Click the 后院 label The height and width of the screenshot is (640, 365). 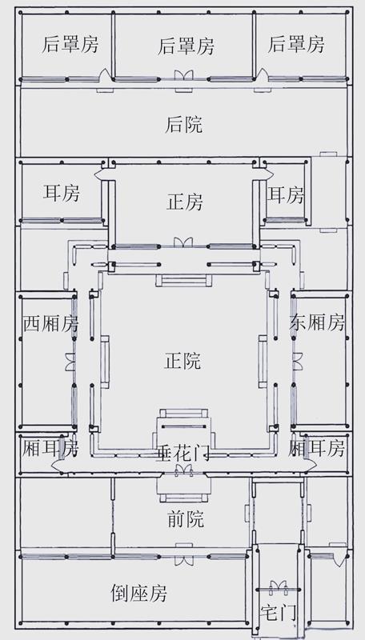pyautogui.click(x=183, y=125)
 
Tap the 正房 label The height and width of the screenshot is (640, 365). pyautogui.click(x=185, y=202)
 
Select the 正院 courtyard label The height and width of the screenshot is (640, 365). pyautogui.click(x=182, y=361)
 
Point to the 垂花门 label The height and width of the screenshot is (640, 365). pyautogui.click(x=182, y=453)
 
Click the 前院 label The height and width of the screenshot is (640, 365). pyautogui.click(x=186, y=519)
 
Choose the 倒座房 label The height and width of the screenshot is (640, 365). pyautogui.click(x=138, y=593)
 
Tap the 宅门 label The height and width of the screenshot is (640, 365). pyautogui.click(x=278, y=612)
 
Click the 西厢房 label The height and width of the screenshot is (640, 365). pyautogui.click(x=50, y=324)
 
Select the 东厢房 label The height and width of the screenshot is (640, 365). pyautogui.click(x=317, y=323)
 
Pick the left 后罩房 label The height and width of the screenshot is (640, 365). pyautogui.click(x=70, y=45)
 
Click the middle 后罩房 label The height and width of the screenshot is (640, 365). pyautogui.click(x=186, y=46)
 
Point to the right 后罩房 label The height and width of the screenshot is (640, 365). pyautogui.click(x=296, y=44)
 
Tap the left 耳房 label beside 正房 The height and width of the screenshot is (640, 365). pyautogui.click(x=62, y=193)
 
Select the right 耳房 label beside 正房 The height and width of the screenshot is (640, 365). pyautogui.click(x=286, y=194)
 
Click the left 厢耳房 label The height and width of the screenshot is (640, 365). pyautogui.click(x=50, y=448)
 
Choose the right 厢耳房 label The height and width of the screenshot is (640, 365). pyautogui.click(x=316, y=448)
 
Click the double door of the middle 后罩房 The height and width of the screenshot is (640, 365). pyautogui.click(x=184, y=75)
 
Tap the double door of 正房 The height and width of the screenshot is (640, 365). pyautogui.click(x=183, y=242)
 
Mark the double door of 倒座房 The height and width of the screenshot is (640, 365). pyautogui.click(x=184, y=559)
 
